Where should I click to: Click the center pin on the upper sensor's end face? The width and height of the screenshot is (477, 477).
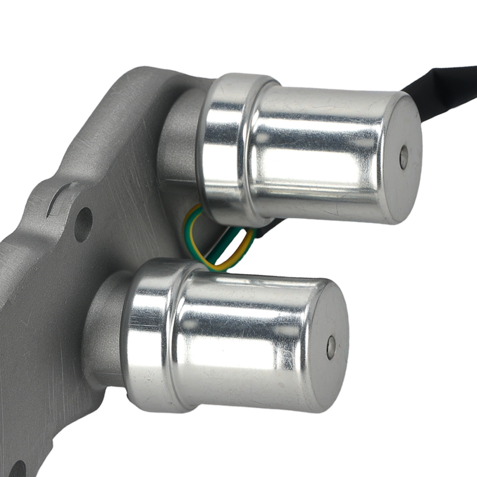404,157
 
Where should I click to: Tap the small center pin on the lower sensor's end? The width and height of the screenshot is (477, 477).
331,347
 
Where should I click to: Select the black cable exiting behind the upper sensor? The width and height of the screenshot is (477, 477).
439,81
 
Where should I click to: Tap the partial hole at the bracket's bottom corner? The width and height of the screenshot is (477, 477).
17,469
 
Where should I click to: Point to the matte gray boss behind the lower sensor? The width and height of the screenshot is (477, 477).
103,329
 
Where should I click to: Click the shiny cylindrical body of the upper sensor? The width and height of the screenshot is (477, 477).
320,153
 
